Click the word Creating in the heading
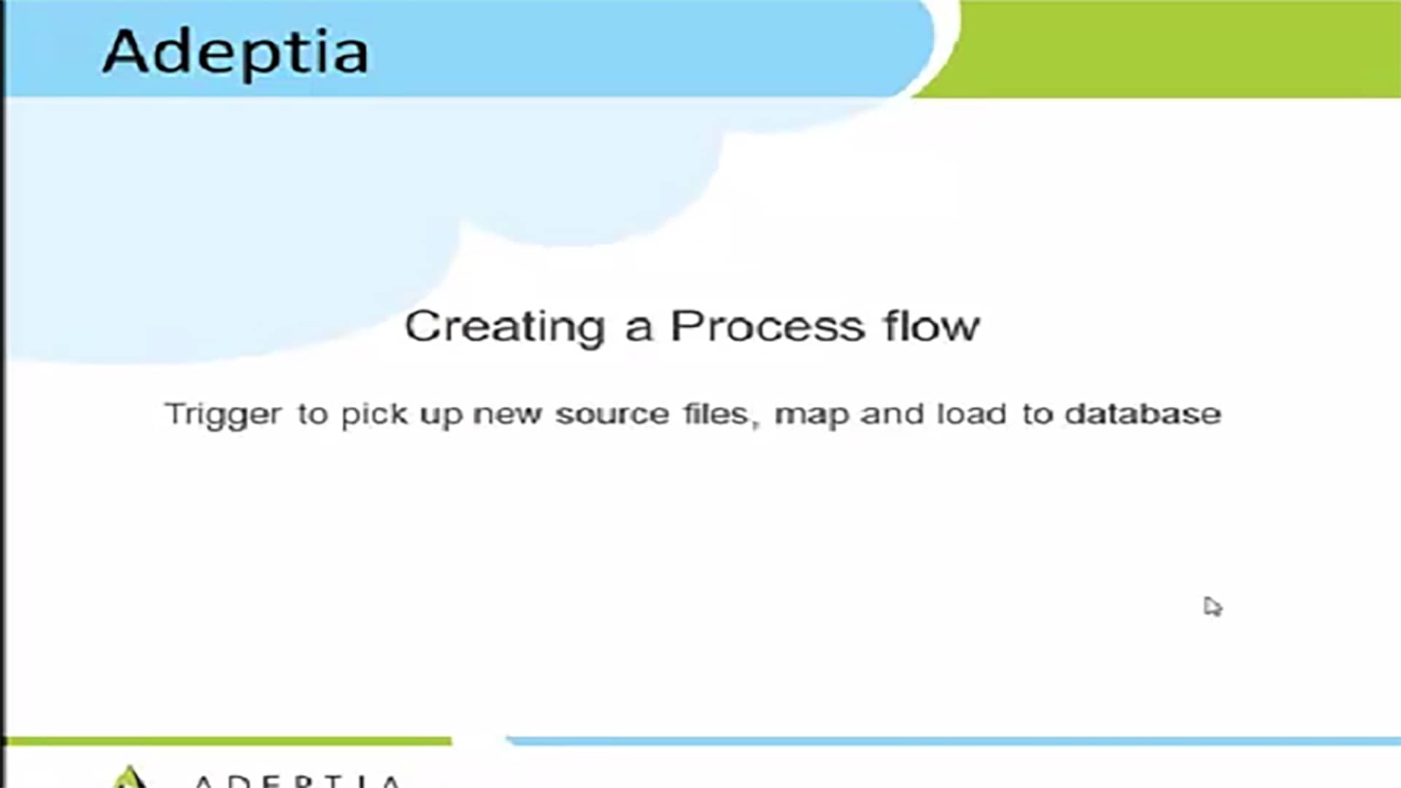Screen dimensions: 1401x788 (x=505, y=327)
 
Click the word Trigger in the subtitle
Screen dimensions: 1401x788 (x=223, y=415)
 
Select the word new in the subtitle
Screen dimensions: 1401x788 (x=507, y=415)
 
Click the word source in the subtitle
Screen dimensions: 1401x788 (x=612, y=415)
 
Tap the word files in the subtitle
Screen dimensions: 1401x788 (x=718, y=414)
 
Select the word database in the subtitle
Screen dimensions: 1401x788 (x=1143, y=414)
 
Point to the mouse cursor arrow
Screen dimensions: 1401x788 (x=1212, y=606)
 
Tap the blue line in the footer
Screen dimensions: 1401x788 (x=953, y=741)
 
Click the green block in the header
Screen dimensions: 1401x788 (x=1167, y=48)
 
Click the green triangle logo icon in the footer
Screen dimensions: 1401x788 (x=128, y=778)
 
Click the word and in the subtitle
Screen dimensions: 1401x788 (x=892, y=414)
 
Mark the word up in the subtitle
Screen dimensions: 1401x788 (x=441, y=417)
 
